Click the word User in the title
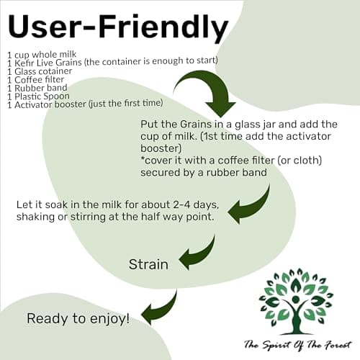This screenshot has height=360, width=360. [x=44, y=26]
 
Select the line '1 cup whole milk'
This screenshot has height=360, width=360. [x=42, y=55]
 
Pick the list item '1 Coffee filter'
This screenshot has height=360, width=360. [x=35, y=80]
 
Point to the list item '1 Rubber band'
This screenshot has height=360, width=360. [x=37, y=88]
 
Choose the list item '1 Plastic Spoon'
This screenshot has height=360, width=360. [x=38, y=96]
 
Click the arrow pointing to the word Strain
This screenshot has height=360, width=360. [x=202, y=254]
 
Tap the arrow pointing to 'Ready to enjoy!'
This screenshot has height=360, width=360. [x=163, y=308]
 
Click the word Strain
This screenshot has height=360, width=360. [x=148, y=264]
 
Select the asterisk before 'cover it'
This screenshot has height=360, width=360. [x=143, y=158]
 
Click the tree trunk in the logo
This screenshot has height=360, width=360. [x=297, y=317]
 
